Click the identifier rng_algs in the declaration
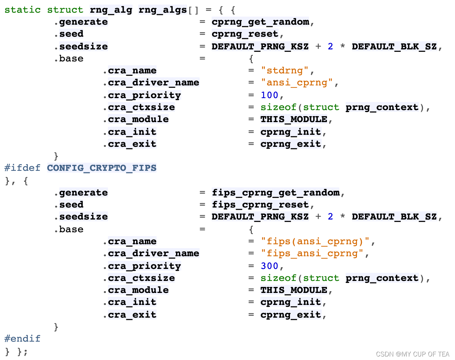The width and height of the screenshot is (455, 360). click(163, 10)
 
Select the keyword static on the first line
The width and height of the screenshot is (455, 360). click(23, 10)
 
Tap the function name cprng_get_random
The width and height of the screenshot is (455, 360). click(260, 22)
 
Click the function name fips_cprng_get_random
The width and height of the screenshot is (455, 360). click(275, 193)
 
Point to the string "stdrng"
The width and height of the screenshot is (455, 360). click(285, 71)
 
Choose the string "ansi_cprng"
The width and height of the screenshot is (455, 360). click(297, 83)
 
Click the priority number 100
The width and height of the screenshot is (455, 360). click(269, 95)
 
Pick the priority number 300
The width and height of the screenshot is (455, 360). click(269, 266)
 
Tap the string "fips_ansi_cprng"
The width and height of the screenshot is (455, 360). click(312, 253)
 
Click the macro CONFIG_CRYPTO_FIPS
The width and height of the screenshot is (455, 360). click(102, 168)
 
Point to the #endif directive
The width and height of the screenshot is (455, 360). click(23, 339)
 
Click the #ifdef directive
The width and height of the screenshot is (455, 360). click(23, 168)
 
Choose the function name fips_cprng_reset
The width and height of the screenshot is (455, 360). click(260, 205)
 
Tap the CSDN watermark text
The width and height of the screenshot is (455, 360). click(412, 354)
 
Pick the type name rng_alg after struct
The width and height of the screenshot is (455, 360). click(111, 10)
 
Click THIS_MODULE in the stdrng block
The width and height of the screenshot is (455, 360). click(294, 119)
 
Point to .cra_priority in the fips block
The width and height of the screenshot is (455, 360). click(142, 266)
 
